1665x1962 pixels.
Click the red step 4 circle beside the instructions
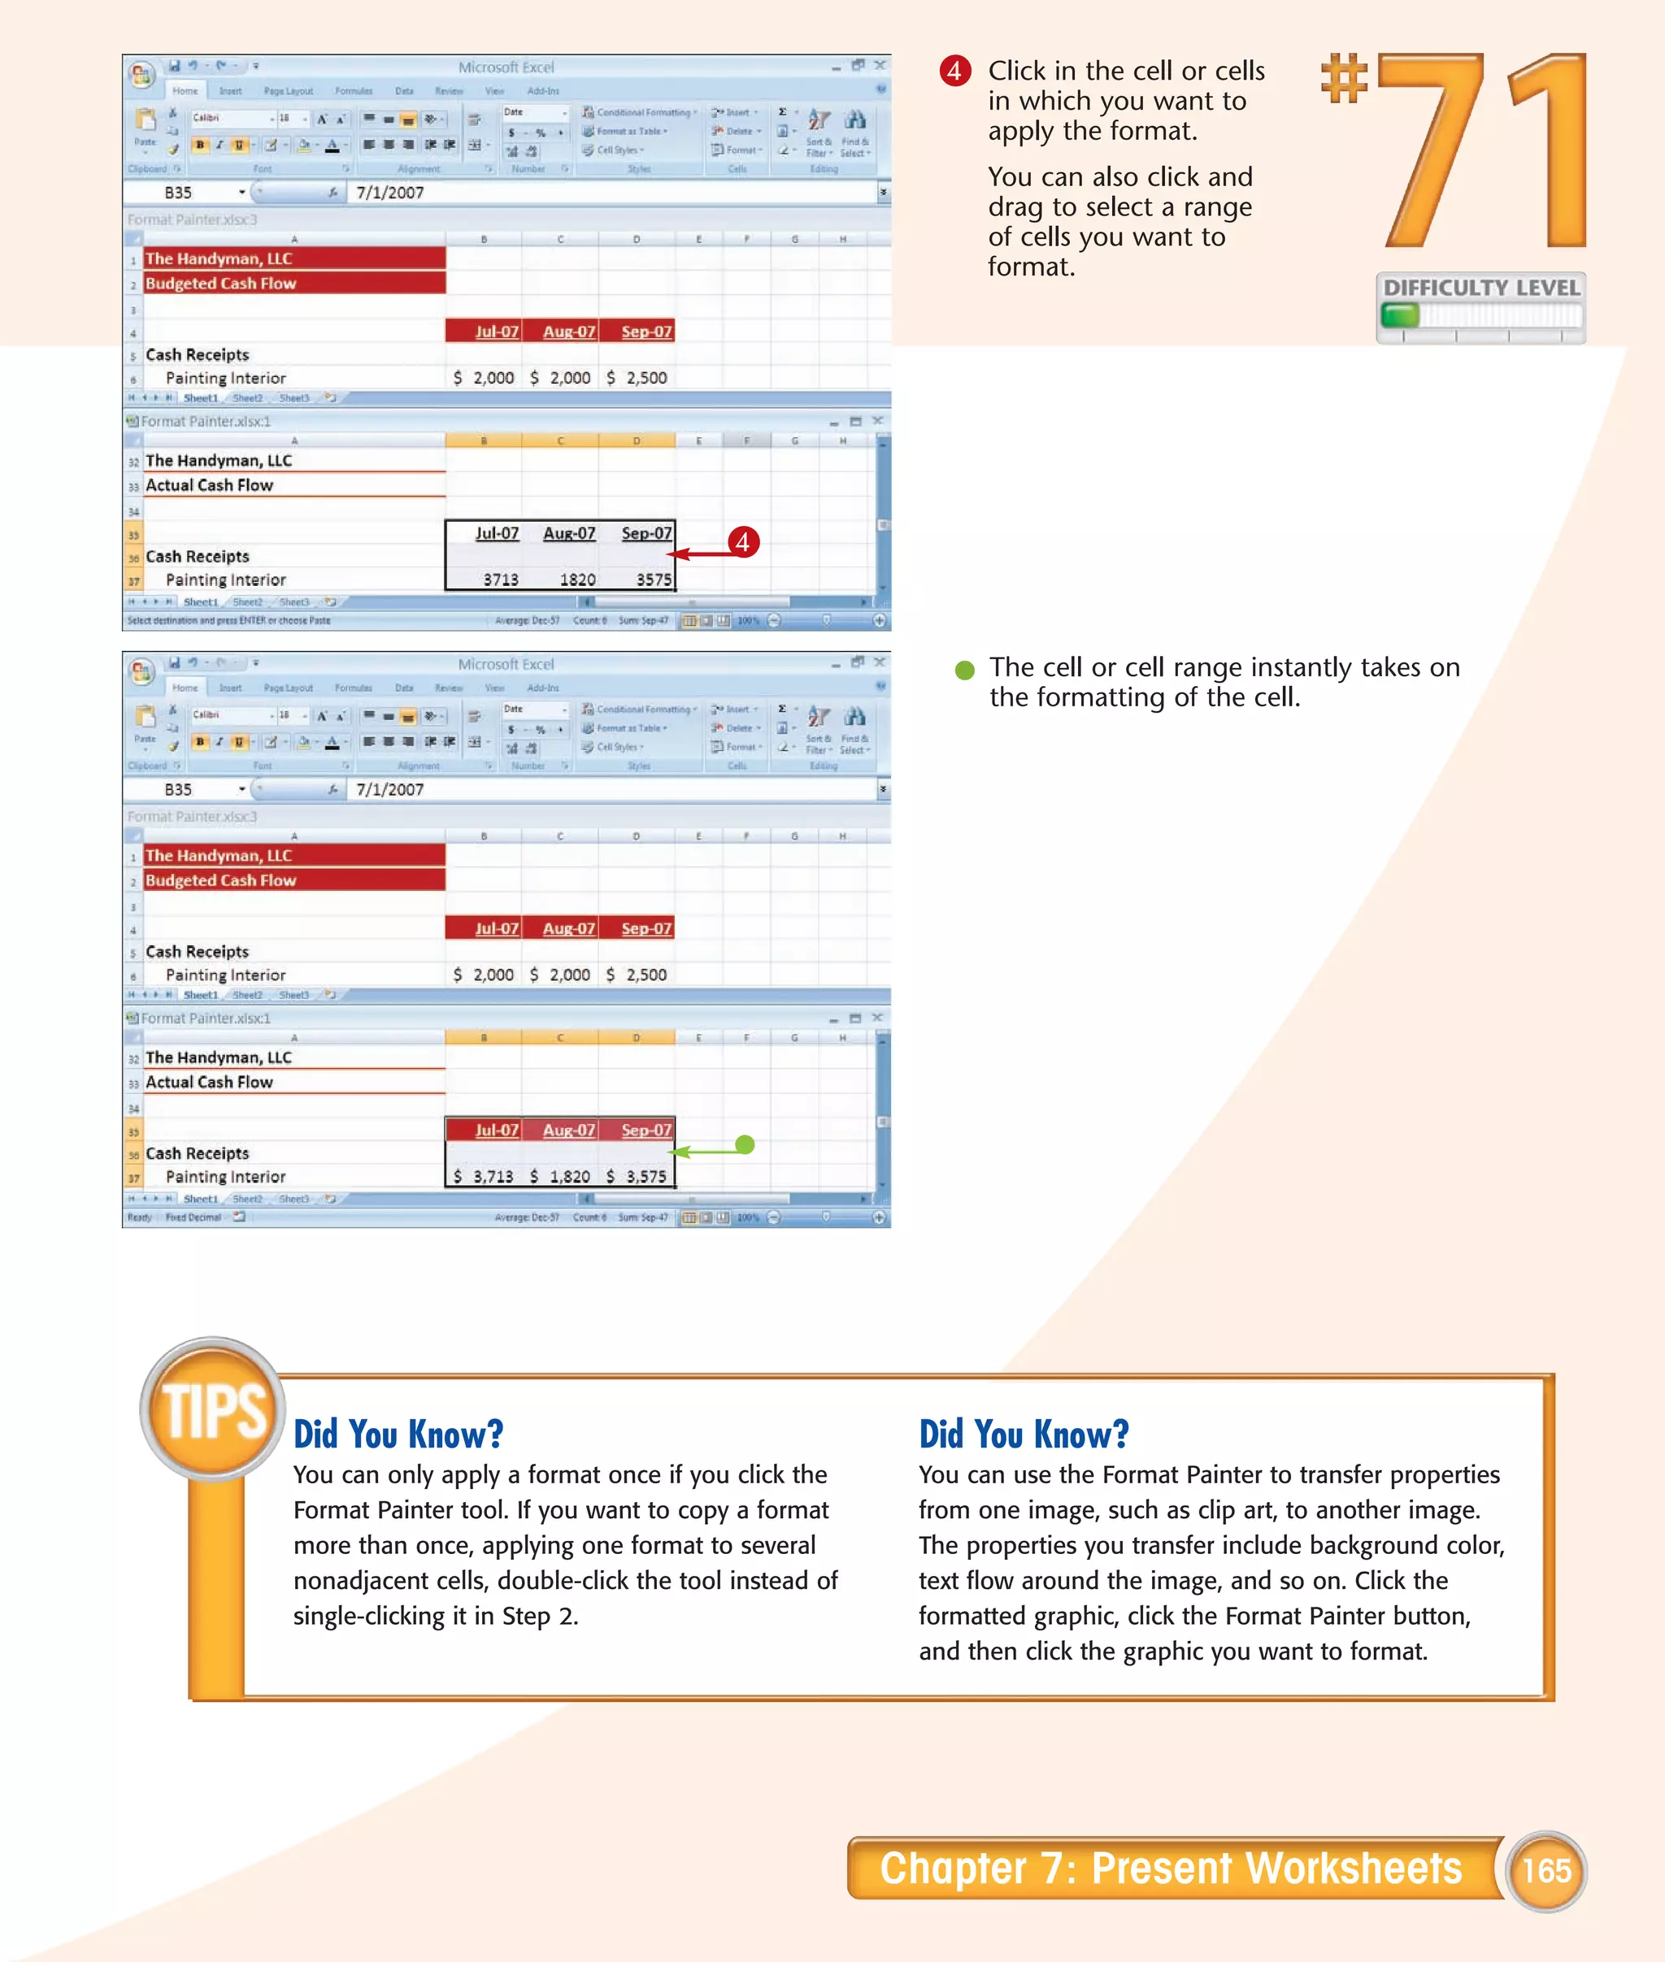(x=954, y=71)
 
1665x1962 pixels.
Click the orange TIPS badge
(x=213, y=1410)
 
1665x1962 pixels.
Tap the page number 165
(x=1546, y=1870)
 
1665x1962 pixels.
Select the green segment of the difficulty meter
(x=1400, y=315)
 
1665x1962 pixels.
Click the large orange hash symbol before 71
(x=1344, y=80)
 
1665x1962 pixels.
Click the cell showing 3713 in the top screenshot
(x=500, y=579)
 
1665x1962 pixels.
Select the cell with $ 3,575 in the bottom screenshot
(x=637, y=1177)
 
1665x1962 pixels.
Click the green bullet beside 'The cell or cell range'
(x=963, y=670)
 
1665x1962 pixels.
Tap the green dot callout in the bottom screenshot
(x=745, y=1144)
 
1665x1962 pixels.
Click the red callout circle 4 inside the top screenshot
(x=743, y=541)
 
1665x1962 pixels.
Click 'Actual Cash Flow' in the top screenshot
(x=210, y=485)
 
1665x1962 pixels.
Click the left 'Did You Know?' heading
(x=398, y=1434)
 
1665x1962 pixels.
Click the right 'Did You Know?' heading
(x=1024, y=1434)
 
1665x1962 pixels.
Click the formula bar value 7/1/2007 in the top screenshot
(x=389, y=193)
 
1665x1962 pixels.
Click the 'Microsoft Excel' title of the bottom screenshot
(x=506, y=664)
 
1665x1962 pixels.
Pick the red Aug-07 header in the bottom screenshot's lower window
(x=569, y=1130)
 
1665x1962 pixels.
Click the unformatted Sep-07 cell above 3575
(x=646, y=533)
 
